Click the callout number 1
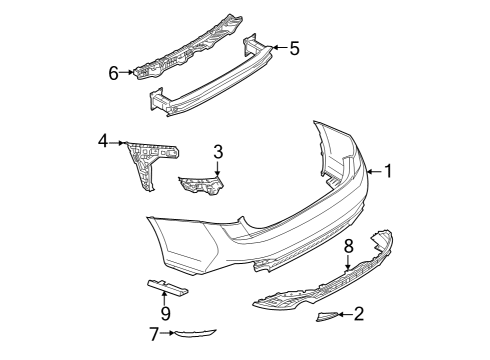click(388, 171)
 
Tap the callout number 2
click(359, 314)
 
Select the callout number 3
click(218, 152)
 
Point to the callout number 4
click(103, 141)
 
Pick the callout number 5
click(294, 48)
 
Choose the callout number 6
click(114, 73)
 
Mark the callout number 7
click(154, 334)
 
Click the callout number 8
click(348, 246)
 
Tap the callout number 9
click(165, 313)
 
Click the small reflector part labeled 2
click(327, 316)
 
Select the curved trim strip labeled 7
click(195, 334)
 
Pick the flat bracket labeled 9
click(168, 288)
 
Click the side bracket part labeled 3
click(201, 185)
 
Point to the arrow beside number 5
click(279, 47)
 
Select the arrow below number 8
click(348, 263)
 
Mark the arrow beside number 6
click(127, 72)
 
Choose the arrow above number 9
click(164, 298)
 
